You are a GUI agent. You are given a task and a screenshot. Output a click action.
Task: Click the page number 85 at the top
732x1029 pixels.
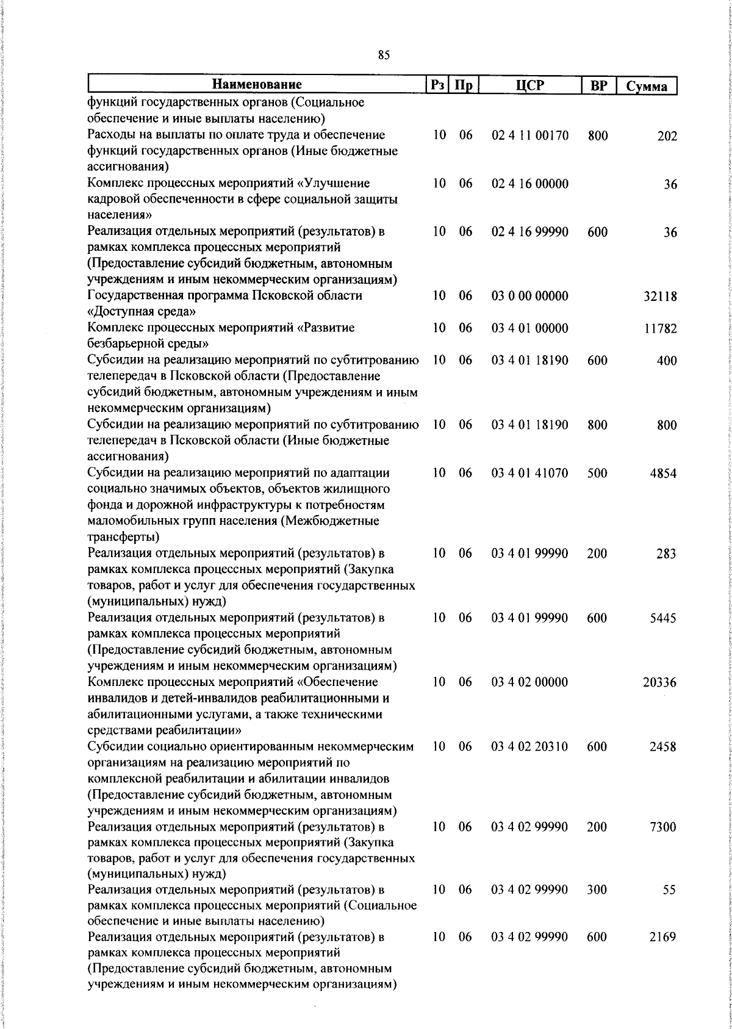point(384,56)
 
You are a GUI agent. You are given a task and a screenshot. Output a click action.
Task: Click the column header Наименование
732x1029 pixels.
point(257,85)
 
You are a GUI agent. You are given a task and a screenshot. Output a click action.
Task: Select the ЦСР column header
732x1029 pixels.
point(529,85)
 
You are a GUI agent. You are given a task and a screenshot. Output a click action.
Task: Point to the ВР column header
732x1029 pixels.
point(598,85)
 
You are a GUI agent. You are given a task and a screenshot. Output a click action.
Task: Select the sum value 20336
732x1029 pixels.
point(659,682)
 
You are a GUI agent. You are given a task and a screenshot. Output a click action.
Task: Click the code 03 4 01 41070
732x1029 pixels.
point(529,473)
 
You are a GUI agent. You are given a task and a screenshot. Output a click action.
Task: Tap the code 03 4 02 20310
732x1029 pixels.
point(529,746)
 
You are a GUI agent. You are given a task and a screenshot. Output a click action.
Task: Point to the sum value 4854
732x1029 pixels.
point(662,473)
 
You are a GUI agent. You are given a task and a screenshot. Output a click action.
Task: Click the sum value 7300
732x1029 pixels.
point(662,827)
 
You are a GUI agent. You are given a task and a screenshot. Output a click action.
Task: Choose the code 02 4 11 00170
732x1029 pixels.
point(529,135)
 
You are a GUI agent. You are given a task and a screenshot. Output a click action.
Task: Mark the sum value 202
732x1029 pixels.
point(667,136)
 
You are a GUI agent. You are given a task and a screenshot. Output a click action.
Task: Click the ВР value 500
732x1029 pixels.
point(597,473)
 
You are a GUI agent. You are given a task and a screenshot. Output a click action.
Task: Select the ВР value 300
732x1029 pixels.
point(597,890)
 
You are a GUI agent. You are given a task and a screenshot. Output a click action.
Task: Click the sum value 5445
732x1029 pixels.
point(662,618)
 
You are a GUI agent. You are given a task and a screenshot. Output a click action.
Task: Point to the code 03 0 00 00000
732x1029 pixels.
point(529,296)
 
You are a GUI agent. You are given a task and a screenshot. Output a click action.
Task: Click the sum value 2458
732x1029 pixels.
point(662,746)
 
